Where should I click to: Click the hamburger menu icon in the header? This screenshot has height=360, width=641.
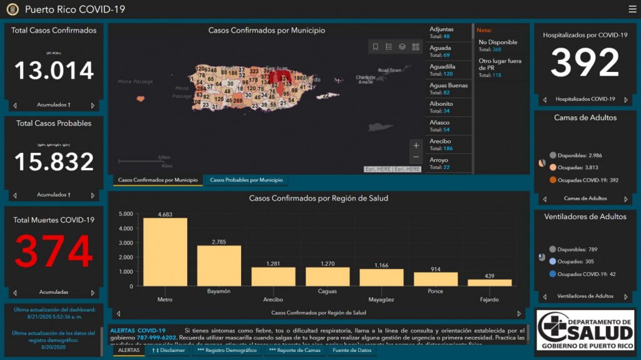(x=632, y=9)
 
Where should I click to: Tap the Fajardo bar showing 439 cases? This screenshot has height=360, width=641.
(x=490, y=282)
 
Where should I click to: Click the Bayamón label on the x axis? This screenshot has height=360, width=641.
(x=219, y=291)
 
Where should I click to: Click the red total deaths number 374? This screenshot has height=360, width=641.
(x=54, y=251)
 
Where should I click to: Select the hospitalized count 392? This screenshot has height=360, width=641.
(x=585, y=63)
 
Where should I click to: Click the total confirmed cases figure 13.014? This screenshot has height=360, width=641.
(x=54, y=70)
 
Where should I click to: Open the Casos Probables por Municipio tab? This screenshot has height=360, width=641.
(x=246, y=180)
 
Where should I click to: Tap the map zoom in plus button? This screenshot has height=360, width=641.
(x=416, y=146)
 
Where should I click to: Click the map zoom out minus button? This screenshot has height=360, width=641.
(x=416, y=157)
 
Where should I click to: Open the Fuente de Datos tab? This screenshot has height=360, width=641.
(x=352, y=351)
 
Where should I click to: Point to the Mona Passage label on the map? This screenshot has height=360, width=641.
(x=135, y=81)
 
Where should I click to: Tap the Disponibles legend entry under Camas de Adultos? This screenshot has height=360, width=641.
(x=576, y=155)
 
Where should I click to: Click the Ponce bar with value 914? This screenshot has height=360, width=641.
(x=435, y=279)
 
